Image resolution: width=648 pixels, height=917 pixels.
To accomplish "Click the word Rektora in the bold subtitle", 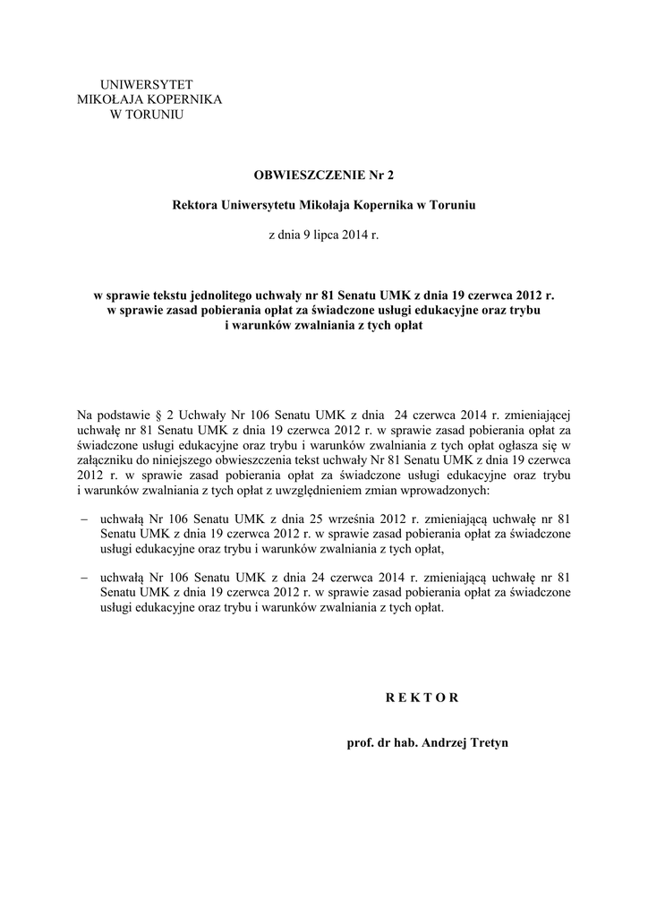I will pos(194,205).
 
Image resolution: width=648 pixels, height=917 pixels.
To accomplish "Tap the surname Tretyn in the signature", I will pos(487,743).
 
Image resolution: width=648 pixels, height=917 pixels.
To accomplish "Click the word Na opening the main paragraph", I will pos(86,415).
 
